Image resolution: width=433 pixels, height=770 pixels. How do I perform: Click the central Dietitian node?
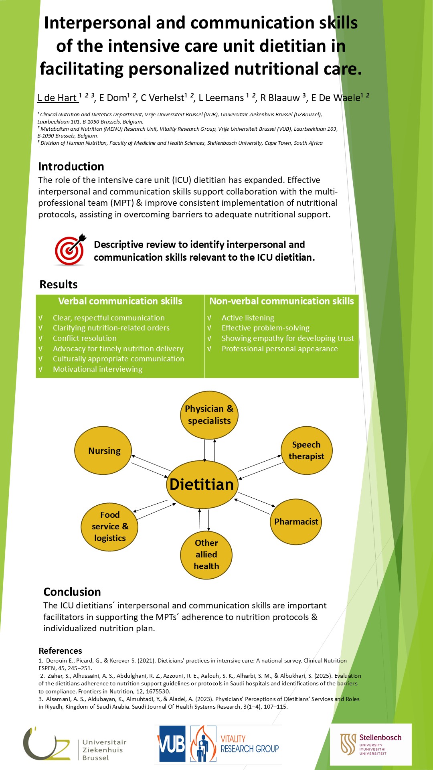[202, 484]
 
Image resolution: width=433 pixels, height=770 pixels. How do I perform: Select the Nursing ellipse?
[103, 450]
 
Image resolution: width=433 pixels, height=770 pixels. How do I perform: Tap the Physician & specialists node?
[209, 415]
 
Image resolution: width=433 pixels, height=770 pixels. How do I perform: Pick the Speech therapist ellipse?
[307, 450]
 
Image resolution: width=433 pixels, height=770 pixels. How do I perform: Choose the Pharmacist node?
[296, 521]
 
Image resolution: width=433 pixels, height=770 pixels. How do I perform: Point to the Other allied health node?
[206, 555]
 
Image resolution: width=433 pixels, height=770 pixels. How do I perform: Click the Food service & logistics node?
[109, 526]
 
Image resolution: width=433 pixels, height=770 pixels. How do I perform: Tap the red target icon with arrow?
[70, 250]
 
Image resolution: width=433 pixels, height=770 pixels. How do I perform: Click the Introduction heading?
[71, 166]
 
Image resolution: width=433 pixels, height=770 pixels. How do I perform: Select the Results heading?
[59, 284]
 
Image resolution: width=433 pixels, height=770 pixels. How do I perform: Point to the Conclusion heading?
[72, 592]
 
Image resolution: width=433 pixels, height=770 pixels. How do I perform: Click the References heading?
[60, 650]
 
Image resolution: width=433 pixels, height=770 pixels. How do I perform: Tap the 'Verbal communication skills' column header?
[120, 301]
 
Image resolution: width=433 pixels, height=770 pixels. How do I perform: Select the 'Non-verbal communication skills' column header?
[281, 301]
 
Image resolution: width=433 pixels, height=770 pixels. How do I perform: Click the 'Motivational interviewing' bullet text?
[97, 369]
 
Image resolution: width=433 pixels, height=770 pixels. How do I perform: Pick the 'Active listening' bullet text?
[248, 318]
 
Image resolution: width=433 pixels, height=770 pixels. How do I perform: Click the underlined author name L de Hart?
[57, 98]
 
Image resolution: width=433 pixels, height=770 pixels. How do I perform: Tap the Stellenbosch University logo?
[370, 744]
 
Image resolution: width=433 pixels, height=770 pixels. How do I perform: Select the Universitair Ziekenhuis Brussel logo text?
[104, 750]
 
